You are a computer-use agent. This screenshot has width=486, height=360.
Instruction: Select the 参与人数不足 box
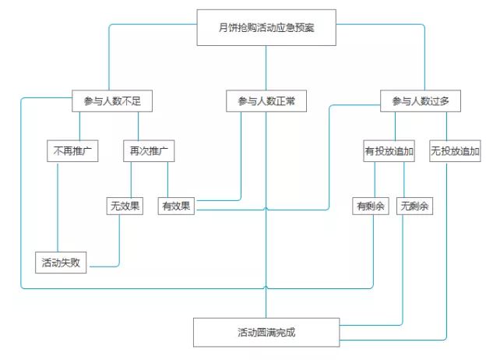pos(111,101)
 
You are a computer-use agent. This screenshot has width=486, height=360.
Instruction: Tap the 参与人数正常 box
pos(266,101)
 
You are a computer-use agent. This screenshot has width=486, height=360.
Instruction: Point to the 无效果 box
pos(125,206)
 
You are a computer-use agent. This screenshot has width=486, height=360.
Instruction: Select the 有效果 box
pos(176,206)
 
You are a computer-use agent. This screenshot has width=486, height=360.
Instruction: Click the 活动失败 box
pos(62,262)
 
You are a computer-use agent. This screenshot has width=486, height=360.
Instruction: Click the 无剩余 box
pos(415,206)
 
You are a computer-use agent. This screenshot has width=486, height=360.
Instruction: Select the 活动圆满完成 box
pos(266,332)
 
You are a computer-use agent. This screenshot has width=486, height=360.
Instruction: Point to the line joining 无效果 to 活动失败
pos(119,242)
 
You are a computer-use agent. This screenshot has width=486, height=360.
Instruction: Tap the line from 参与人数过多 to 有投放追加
pos(395,126)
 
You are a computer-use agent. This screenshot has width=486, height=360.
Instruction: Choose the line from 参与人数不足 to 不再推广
pos(80,126)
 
